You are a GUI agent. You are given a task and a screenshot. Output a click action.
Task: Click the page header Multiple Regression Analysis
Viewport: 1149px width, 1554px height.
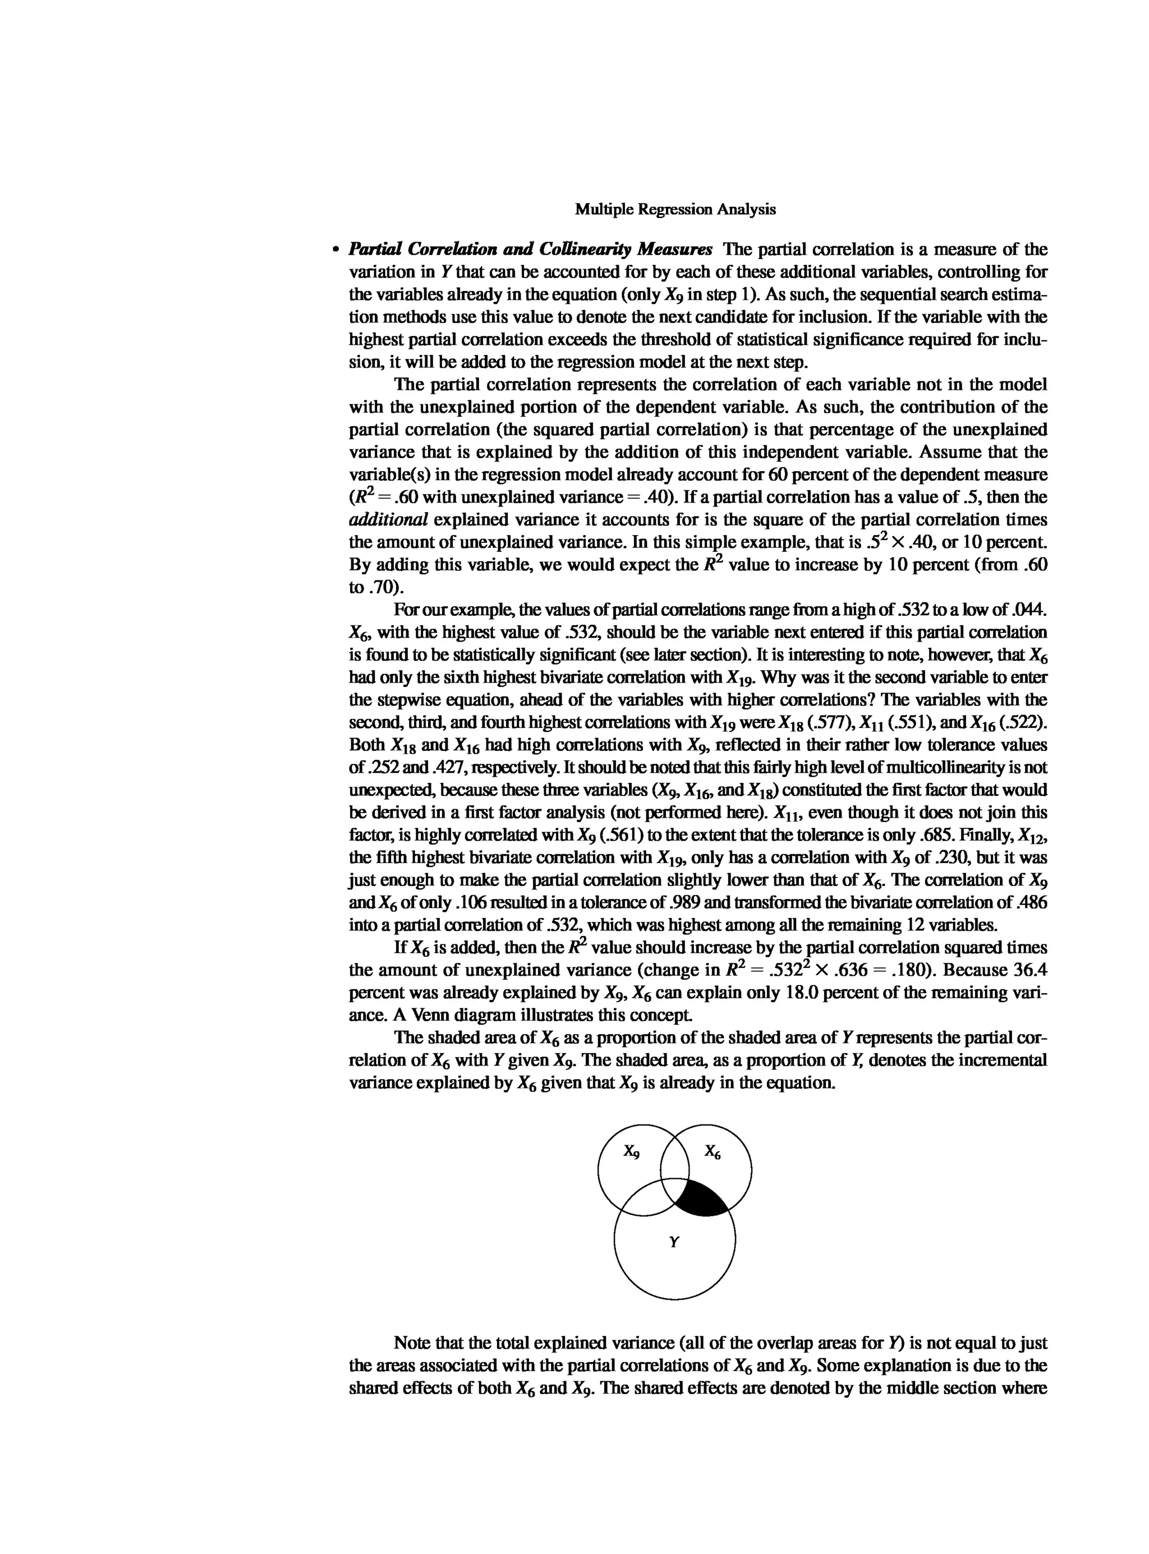pos(675,209)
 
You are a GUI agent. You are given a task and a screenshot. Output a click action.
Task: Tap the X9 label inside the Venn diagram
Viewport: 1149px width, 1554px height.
pos(631,1151)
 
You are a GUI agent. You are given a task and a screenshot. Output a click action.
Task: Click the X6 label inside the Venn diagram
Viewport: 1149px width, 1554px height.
pos(712,1151)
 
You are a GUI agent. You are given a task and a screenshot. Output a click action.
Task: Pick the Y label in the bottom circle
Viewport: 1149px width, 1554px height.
pos(673,1241)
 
